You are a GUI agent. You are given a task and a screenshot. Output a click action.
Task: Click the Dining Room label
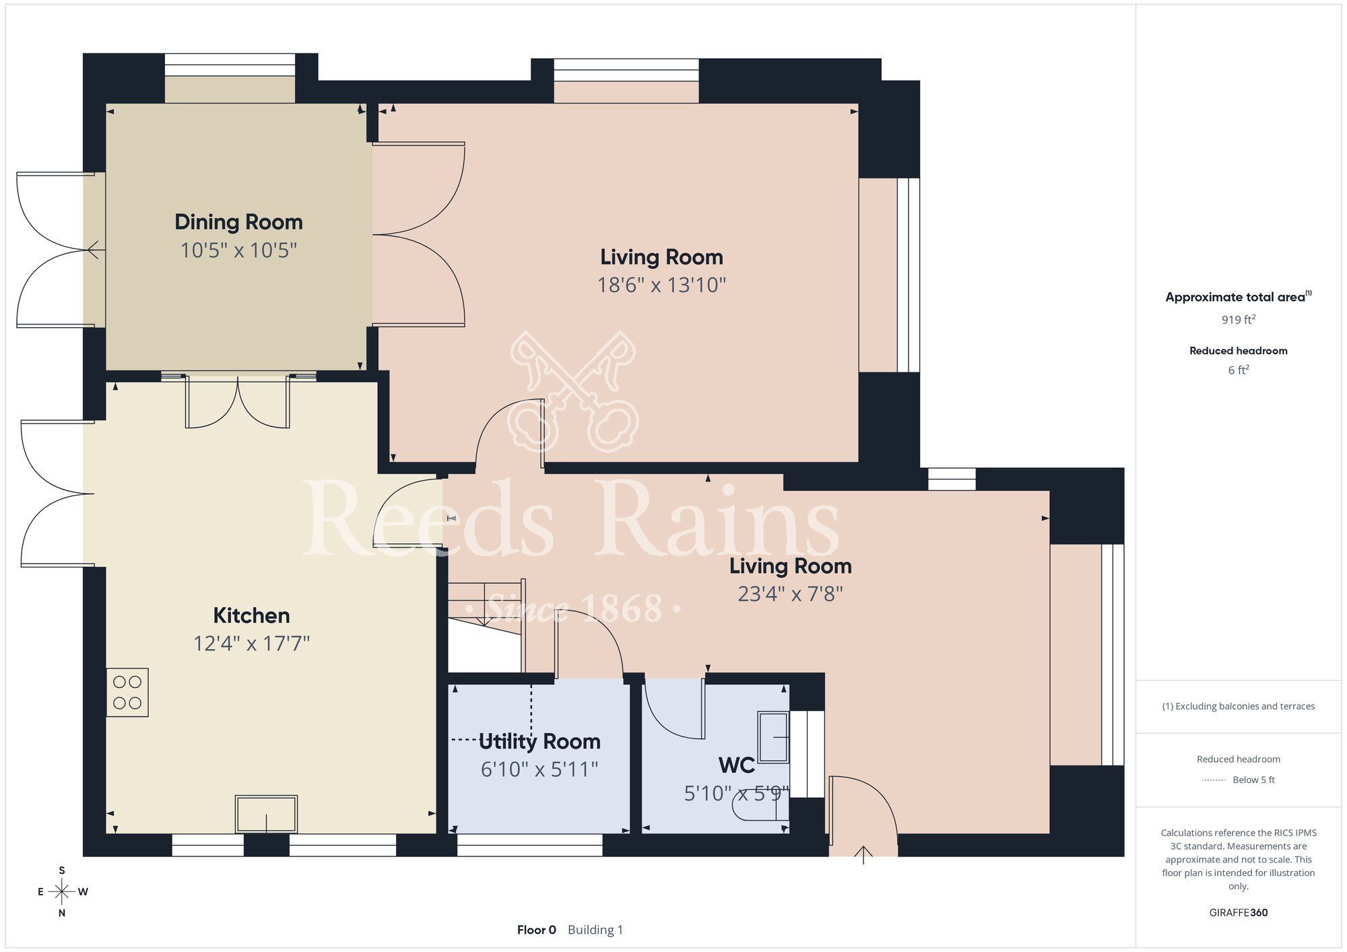[238, 222]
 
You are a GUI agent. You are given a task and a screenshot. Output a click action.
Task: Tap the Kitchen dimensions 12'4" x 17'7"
[251, 644]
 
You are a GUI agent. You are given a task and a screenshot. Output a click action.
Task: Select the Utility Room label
[539, 742]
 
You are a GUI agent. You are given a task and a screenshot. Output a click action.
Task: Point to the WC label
[737, 766]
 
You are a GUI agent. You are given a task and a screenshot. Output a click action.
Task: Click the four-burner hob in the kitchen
[127, 692]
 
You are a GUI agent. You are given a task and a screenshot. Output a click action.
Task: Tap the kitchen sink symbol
[266, 814]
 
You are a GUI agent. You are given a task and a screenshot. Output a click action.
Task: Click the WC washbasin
[773, 737]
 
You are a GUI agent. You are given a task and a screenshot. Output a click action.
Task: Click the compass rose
[62, 892]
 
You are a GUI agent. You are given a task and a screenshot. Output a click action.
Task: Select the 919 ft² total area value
[1239, 319]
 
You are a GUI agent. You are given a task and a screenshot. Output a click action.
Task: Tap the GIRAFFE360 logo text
[1239, 913]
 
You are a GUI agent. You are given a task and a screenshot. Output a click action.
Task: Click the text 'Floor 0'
[537, 930]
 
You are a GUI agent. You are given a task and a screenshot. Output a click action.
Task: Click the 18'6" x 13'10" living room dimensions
[662, 285]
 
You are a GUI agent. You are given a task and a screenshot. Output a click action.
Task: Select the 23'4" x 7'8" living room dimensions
[791, 594]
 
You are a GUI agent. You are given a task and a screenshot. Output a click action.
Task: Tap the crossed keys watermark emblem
[574, 391]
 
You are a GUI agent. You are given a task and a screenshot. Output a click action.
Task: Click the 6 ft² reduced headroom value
[1239, 370]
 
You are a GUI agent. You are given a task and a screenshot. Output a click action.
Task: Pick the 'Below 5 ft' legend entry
[1253, 780]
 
